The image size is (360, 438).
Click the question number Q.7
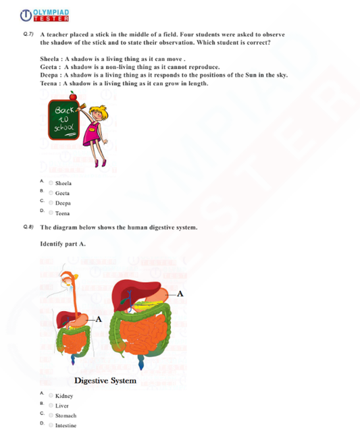tap(28, 34)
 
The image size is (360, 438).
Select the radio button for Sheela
tap(51, 183)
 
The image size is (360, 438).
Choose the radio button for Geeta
tap(51, 193)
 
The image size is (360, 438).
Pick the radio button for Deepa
tap(51, 202)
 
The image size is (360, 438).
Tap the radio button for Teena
tap(51, 213)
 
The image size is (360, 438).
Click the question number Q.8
tap(28, 227)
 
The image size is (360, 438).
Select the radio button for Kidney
tap(51, 395)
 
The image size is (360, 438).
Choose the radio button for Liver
tap(51, 406)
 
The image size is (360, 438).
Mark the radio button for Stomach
tap(51, 416)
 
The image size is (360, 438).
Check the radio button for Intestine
tap(51, 425)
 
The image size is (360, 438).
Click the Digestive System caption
tap(105, 381)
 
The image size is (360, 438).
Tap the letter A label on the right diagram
tap(180, 293)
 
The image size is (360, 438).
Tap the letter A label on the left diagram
tap(99, 319)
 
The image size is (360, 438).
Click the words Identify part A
tap(63, 244)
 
